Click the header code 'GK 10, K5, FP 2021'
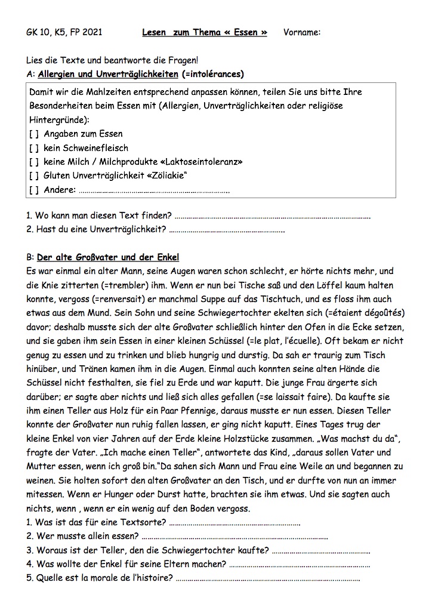pos(64,32)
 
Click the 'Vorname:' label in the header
pos(302,32)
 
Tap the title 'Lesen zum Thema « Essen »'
pos(205,32)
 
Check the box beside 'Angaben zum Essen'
pos(33,134)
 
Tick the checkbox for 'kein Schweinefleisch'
pos(33,147)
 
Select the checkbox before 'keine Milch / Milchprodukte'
pos(33,162)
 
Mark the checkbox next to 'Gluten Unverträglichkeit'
pos(33,175)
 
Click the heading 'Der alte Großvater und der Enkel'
pos(108,258)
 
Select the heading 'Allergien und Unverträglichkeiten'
pos(107,74)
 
